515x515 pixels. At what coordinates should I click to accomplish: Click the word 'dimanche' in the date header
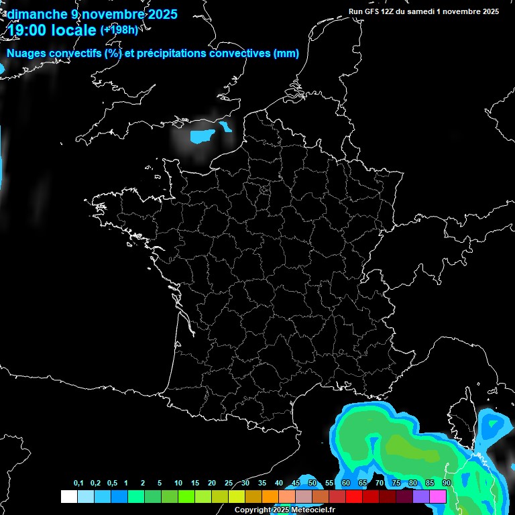32,13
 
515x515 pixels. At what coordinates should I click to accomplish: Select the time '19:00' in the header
26,31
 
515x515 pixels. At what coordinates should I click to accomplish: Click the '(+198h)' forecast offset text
119,30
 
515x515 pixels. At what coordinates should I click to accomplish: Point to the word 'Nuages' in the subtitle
26,54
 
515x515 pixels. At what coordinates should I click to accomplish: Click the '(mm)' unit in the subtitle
286,54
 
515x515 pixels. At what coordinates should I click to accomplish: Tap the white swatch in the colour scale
68,496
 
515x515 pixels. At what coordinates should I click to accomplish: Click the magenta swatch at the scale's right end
438,496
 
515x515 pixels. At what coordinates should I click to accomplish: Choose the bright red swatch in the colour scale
354,496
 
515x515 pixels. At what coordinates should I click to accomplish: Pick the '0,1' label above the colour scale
78,483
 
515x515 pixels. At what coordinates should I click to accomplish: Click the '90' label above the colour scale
446,483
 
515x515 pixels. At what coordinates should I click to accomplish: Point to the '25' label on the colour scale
229,483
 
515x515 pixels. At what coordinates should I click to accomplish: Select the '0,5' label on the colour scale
112,483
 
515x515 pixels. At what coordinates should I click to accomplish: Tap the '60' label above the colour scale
346,483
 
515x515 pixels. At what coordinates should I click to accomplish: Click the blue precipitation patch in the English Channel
202,137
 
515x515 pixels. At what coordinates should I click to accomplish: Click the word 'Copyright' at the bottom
253,510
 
